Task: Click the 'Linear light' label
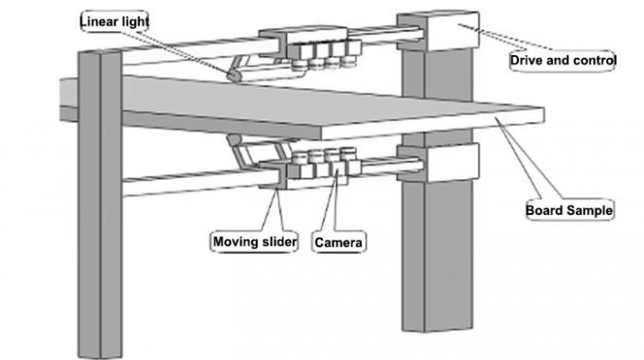[116, 19]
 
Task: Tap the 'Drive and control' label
[563, 61]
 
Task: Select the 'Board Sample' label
[568, 210]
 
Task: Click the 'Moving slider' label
[254, 243]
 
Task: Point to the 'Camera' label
[339, 243]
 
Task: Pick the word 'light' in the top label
[134, 19]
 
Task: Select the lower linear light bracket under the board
[244, 152]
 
